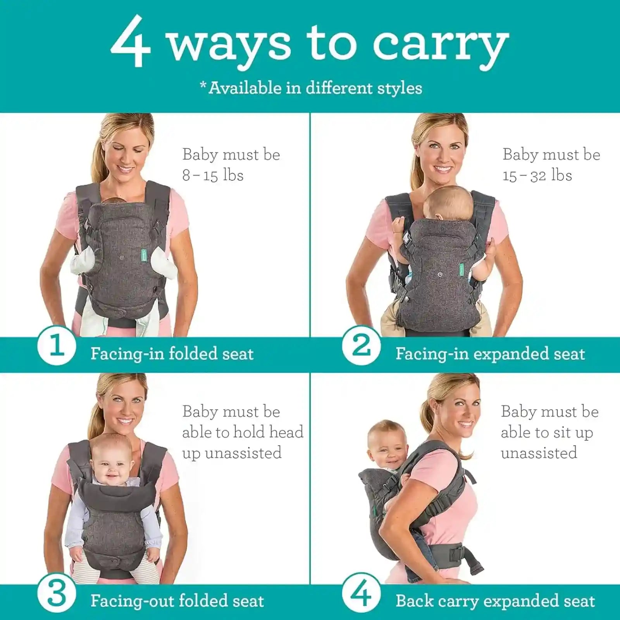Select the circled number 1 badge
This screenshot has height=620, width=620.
click(57, 345)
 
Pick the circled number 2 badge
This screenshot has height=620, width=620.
click(361, 345)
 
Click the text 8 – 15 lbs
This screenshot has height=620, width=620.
click(213, 175)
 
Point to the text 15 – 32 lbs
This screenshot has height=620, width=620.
click(537, 176)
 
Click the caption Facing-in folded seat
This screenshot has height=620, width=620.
click(172, 354)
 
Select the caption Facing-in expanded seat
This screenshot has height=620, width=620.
click(490, 354)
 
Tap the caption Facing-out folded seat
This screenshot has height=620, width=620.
click(177, 601)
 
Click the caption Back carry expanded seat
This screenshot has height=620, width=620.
click(495, 601)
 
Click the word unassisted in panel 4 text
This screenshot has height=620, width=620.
click(539, 453)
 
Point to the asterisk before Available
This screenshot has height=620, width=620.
click(203, 84)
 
